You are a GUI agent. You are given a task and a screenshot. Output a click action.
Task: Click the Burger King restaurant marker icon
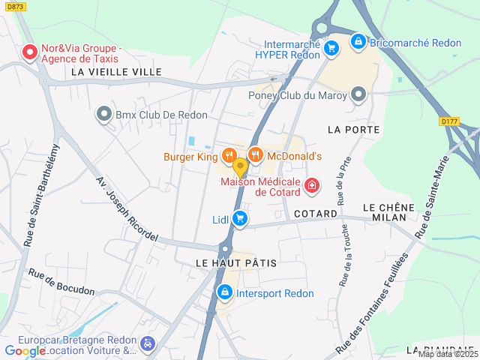tap(229, 156)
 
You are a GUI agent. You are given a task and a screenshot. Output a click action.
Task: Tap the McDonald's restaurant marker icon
tap(255, 156)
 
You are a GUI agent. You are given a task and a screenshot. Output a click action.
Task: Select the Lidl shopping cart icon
tap(240, 218)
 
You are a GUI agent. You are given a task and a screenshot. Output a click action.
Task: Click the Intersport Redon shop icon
tap(223, 292)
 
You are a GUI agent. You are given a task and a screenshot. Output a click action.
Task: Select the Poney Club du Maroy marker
tap(358, 94)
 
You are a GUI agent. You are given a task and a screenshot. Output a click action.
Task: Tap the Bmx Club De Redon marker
tap(103, 115)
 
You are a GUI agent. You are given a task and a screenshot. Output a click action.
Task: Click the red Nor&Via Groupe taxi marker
tap(30, 52)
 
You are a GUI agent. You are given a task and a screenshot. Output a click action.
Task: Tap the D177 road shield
tap(449, 120)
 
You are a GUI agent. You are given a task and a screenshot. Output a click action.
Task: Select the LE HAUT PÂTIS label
tap(236, 263)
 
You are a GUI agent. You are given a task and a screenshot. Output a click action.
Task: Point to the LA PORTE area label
tap(354, 130)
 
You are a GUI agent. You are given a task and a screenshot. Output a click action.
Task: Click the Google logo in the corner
tap(25, 350)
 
